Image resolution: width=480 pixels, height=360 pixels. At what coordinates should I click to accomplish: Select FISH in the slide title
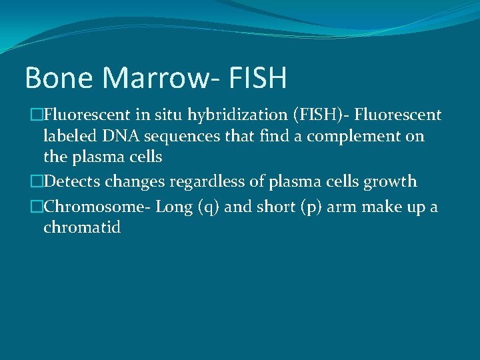pos(257,77)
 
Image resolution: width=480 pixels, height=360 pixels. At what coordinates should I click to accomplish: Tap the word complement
pos(349,136)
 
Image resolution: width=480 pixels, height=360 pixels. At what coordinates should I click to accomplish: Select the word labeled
pos(68,136)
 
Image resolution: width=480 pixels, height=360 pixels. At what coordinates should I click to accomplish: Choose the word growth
pos(393,181)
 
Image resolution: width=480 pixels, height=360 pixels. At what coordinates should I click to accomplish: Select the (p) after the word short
pos(297,207)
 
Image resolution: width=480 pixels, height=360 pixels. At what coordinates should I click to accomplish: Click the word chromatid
pos(82,227)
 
